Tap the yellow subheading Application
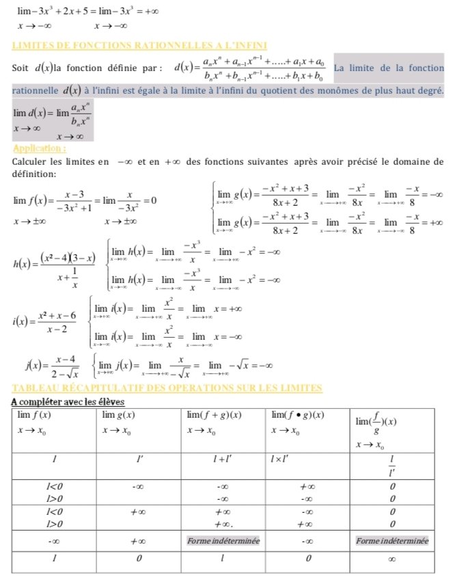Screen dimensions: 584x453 (x=40, y=148)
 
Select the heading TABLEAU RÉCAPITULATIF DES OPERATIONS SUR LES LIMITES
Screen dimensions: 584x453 (x=167, y=388)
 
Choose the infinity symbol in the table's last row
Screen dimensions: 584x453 (x=392, y=559)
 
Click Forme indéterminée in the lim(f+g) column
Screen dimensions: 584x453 (x=222, y=541)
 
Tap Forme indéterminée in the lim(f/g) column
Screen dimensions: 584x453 (x=392, y=541)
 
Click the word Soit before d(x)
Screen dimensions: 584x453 (x=22, y=69)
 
